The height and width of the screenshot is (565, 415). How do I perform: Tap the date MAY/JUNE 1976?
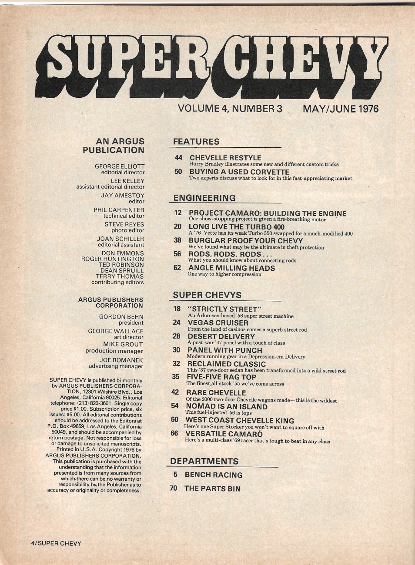(x=341, y=109)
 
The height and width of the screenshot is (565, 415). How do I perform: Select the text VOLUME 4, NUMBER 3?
(x=230, y=109)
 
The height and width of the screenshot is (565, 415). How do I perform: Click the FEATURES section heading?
(x=196, y=142)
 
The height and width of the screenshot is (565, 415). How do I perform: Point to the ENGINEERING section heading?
(x=204, y=198)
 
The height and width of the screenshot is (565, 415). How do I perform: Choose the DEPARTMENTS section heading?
(x=204, y=461)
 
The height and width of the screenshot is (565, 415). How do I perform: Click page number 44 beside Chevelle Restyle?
(x=178, y=158)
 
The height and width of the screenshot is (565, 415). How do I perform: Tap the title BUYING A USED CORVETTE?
(x=239, y=172)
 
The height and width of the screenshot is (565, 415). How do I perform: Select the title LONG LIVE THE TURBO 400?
(x=236, y=227)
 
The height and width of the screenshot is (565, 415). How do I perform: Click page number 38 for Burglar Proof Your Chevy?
(x=177, y=240)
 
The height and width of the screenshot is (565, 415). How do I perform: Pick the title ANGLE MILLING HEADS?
(x=231, y=268)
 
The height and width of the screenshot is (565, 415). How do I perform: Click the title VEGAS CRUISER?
(x=218, y=323)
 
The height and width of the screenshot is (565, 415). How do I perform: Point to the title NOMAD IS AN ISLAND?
(x=226, y=407)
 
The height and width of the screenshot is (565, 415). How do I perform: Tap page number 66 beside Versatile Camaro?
(x=174, y=433)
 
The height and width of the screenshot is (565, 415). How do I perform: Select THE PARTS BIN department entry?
(x=212, y=489)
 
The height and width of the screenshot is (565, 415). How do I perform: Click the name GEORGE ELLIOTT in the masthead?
(x=119, y=166)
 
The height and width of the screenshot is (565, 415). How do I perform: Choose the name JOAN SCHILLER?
(x=120, y=239)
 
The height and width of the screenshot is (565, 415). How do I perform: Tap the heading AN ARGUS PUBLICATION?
(x=114, y=146)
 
